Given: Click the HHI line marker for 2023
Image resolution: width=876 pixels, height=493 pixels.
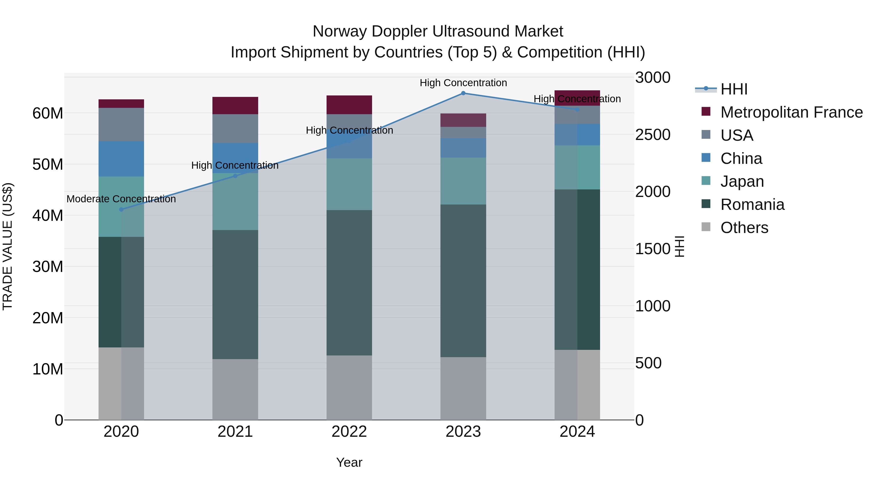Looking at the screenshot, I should tap(463, 93).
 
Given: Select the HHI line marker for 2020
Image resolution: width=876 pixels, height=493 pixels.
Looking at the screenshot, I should tap(121, 210).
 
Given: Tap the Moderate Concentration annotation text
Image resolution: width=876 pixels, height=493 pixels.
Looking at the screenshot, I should tap(121, 199).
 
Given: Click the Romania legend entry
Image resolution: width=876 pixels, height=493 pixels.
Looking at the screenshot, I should tap(752, 205).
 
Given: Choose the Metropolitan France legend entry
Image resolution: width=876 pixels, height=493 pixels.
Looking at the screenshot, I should tap(791, 112).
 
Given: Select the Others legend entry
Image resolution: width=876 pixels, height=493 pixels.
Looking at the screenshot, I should tap(744, 228).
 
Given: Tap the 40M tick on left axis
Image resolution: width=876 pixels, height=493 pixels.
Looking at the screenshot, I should tap(48, 216).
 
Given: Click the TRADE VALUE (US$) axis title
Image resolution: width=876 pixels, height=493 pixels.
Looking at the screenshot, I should tap(8, 246).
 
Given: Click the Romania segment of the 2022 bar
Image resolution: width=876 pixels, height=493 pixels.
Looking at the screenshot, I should tap(349, 282).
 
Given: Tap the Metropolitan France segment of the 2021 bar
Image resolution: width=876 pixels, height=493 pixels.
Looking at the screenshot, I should tap(235, 105).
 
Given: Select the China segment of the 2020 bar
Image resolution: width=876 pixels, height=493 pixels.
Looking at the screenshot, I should tap(121, 159).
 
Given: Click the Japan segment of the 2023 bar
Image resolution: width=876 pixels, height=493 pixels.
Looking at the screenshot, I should tap(463, 181).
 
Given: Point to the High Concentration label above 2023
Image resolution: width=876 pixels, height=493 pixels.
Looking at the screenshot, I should tap(463, 83).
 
